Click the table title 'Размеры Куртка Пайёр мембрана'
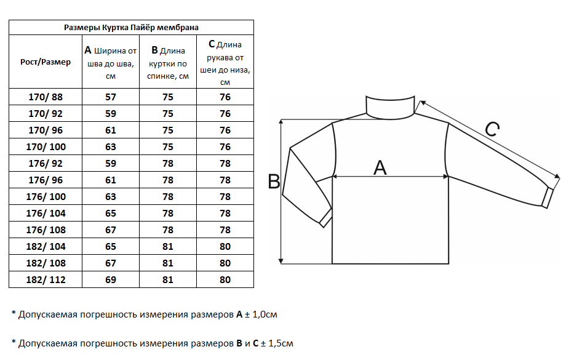coord(131,27)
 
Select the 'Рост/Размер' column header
coord(46,62)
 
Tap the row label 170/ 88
coord(46,97)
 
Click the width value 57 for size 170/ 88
coord(111,97)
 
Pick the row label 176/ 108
coord(46,230)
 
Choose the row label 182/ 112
coord(46,280)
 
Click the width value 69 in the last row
coord(111,280)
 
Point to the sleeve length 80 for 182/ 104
coord(225,247)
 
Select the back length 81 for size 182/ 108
coord(168,263)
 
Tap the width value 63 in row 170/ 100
coord(111,147)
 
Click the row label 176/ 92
coord(46,164)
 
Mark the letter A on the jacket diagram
coord(381,167)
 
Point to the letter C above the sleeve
coord(492,129)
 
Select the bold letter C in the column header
coord(212,44)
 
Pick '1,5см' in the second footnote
coord(279,343)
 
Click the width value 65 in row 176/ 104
coord(111,214)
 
